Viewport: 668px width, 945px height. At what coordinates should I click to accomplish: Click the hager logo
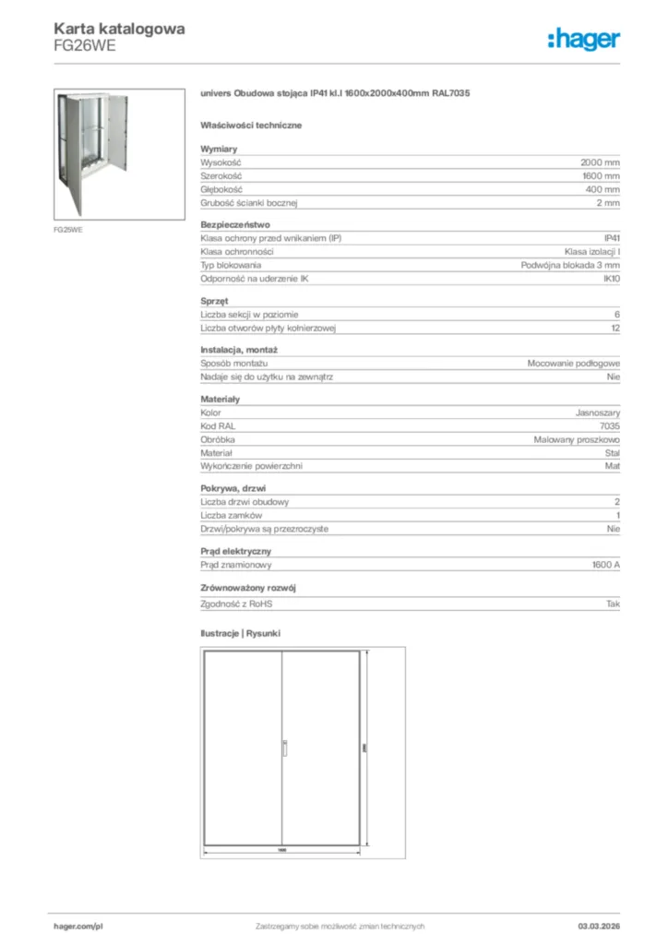(583, 39)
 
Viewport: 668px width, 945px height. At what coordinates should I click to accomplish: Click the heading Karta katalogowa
(119, 29)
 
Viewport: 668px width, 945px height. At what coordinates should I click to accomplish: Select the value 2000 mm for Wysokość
(600, 161)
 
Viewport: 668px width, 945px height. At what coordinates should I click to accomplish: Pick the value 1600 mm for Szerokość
(601, 175)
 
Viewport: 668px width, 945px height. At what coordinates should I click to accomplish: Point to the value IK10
(611, 279)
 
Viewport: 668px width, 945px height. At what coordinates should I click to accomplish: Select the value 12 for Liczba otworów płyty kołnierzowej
(614, 328)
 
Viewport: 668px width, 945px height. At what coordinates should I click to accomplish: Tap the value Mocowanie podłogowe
(573, 364)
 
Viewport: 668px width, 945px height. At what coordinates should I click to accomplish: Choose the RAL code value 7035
(609, 426)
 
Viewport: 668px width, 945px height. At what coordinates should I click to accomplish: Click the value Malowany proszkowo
(577, 440)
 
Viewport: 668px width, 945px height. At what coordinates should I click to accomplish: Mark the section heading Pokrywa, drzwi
(234, 488)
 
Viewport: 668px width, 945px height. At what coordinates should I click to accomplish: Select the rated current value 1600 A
(605, 565)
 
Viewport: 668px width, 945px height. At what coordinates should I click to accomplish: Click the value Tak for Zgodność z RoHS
(613, 604)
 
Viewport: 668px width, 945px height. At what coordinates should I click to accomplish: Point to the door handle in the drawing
(284, 748)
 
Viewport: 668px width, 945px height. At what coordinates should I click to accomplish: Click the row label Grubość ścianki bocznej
(248, 202)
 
